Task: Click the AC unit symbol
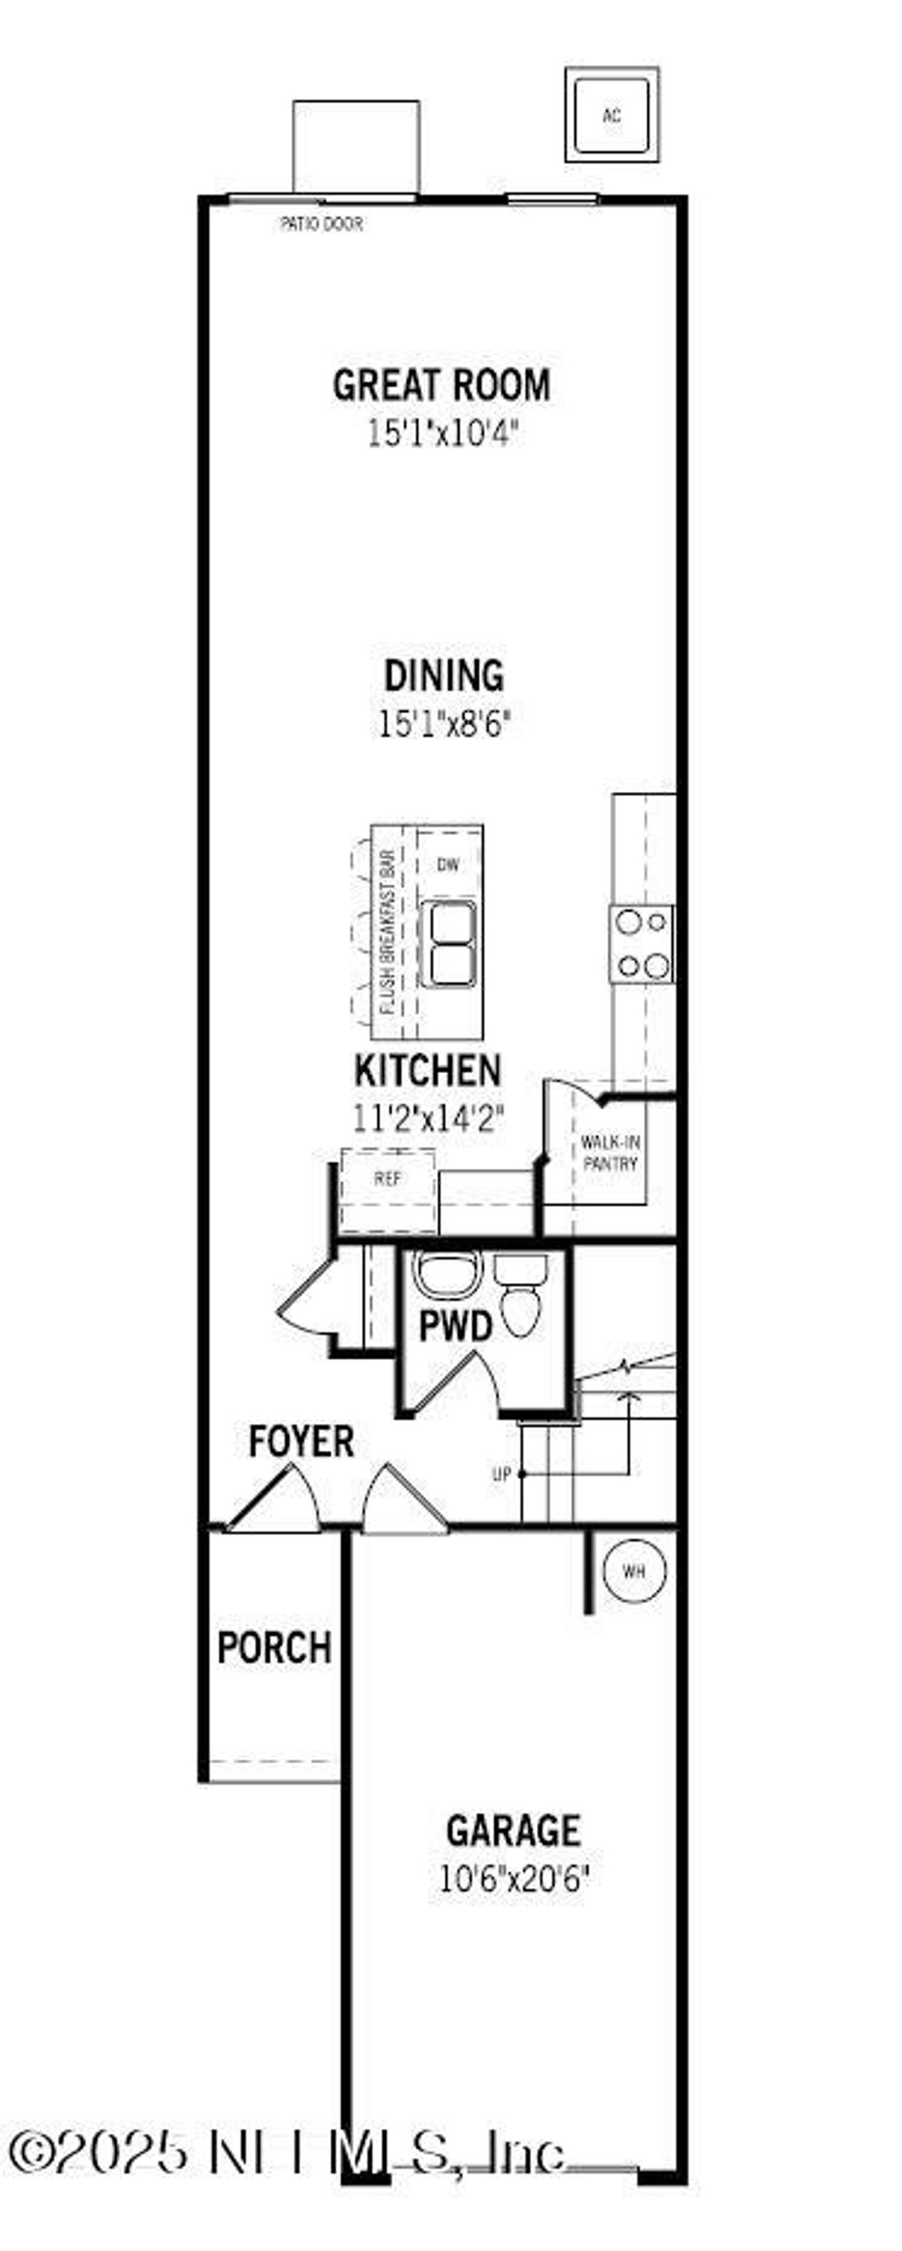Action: click(612, 114)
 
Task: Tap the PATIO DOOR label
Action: click(321, 224)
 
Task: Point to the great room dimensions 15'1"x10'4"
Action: click(443, 433)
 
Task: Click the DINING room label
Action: click(444, 676)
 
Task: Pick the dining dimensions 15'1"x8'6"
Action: click(444, 724)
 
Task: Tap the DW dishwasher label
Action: click(447, 865)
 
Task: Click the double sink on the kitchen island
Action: click(448, 944)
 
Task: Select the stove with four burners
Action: click(643, 945)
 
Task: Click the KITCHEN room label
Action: click(428, 1070)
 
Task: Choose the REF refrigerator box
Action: click(387, 1179)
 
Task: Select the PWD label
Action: click(455, 1327)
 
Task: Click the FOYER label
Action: click(301, 1441)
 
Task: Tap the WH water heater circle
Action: click(634, 1571)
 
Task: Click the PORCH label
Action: click(274, 1648)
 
